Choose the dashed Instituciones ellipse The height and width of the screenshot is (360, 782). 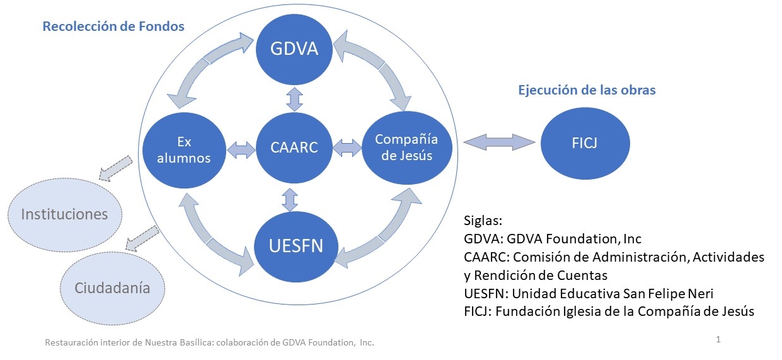click(x=64, y=214)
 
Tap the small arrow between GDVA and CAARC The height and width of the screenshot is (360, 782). click(x=292, y=100)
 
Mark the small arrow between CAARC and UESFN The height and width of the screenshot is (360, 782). click(x=290, y=199)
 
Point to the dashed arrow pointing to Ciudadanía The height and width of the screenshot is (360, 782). click(x=142, y=239)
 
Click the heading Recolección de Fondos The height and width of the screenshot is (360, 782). click(x=113, y=26)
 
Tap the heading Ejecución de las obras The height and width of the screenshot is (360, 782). click(x=586, y=90)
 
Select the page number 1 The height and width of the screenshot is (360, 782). click(x=718, y=340)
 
